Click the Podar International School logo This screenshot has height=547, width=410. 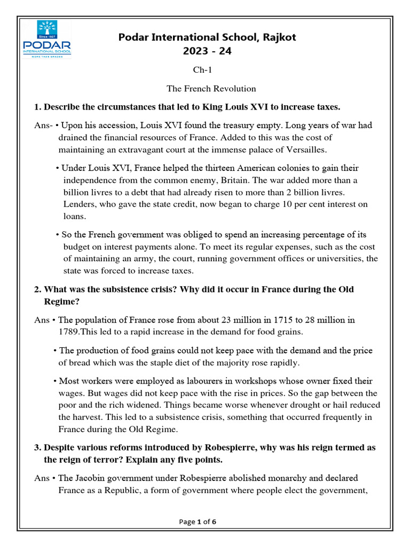click(x=47, y=39)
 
